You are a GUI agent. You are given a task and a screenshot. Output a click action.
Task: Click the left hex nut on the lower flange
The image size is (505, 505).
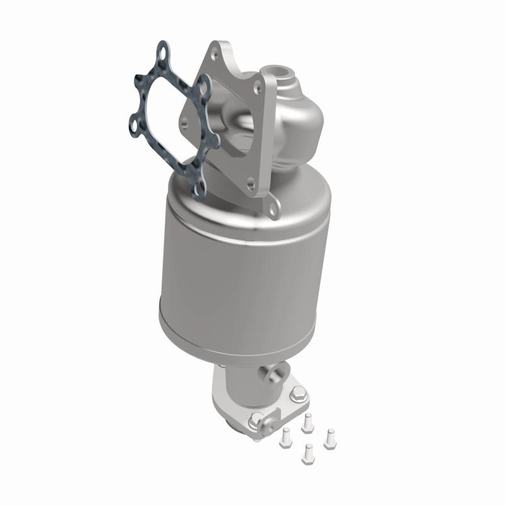257,419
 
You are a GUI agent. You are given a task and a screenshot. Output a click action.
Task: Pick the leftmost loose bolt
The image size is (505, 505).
285,434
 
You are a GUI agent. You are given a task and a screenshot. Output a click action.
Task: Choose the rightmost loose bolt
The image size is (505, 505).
328,438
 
